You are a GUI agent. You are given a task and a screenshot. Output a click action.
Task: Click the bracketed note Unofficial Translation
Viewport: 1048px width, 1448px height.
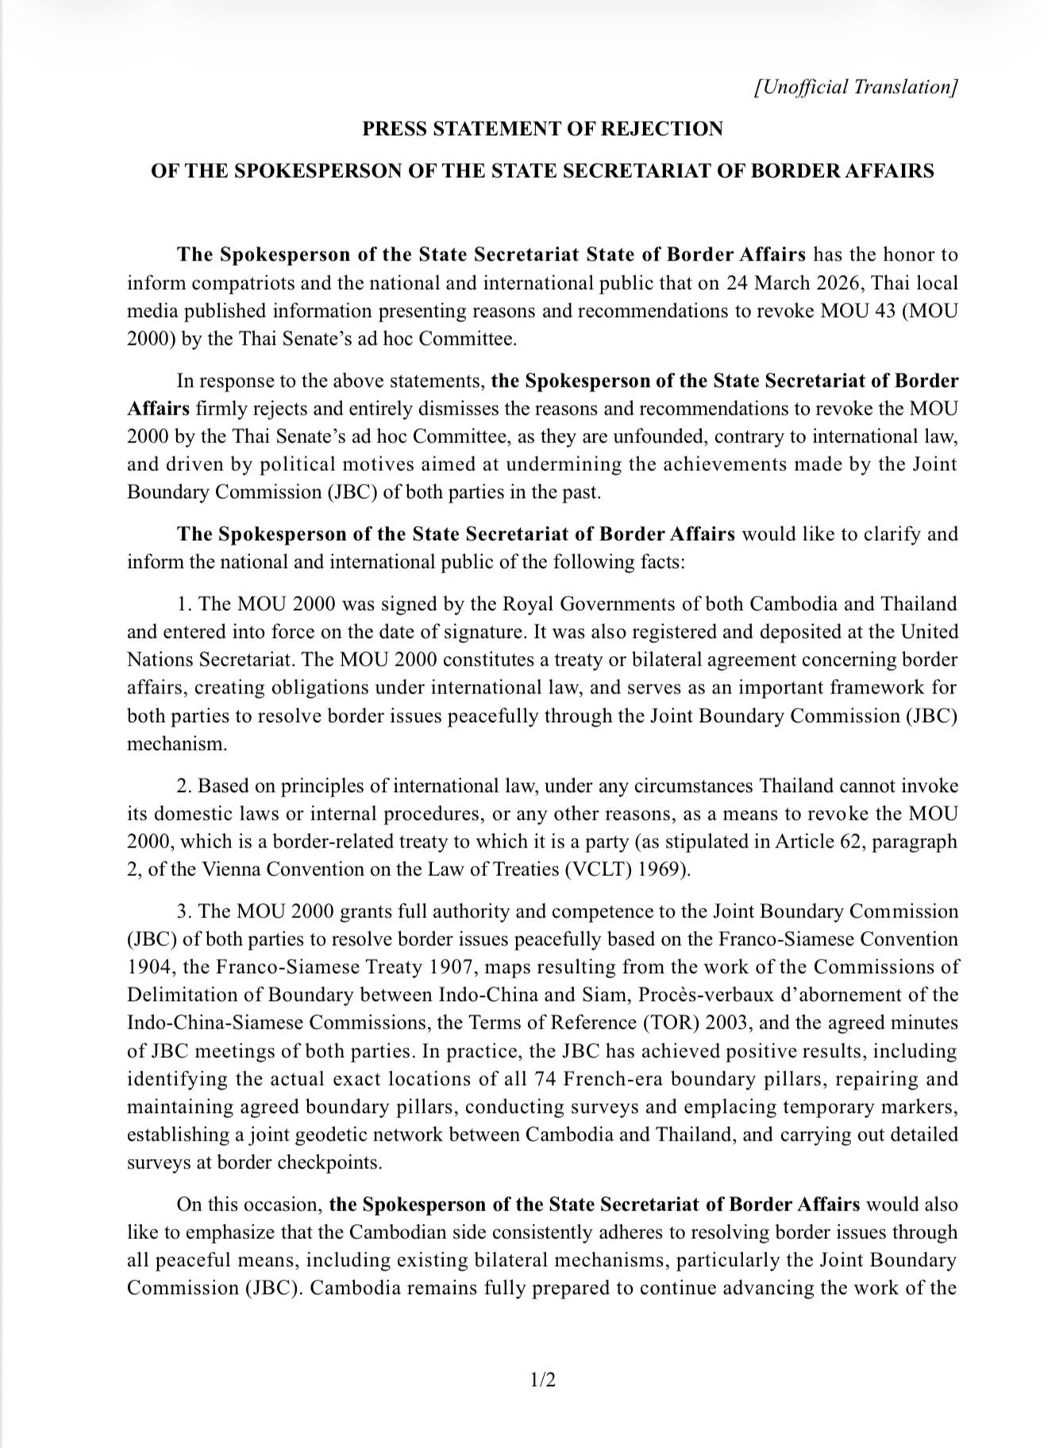click(856, 87)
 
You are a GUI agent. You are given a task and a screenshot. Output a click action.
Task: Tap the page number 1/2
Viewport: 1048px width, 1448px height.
click(543, 1380)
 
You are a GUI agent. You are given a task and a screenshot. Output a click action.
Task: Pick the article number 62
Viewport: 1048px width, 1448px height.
click(852, 841)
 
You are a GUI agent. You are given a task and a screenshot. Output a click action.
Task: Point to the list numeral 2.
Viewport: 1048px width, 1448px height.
click(183, 786)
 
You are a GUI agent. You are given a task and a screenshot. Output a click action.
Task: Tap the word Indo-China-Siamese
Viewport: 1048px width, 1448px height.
click(214, 1023)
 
